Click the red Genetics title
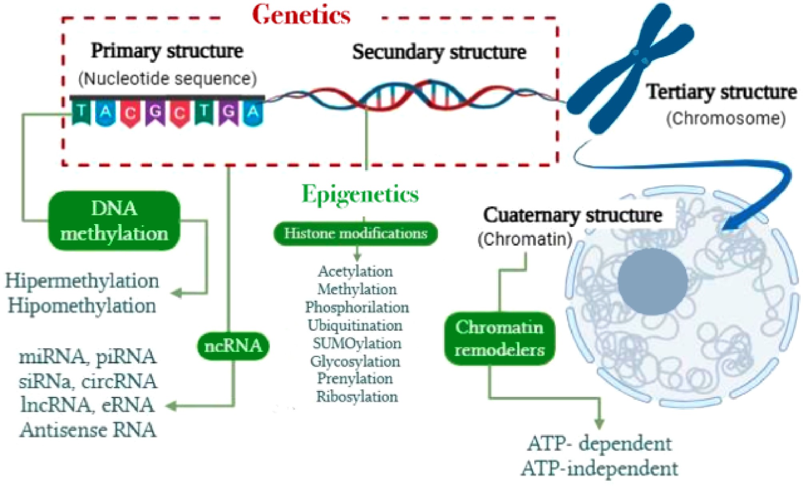click(301, 15)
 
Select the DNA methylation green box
click(114, 221)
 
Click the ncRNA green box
click(233, 346)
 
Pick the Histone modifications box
click(356, 233)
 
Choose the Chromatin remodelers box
click(499, 339)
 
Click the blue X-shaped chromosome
click(632, 68)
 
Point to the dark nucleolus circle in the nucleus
click(652, 281)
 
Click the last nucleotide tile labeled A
click(253, 113)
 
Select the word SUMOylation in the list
click(357, 343)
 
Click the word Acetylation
click(356, 272)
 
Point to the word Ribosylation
click(357, 397)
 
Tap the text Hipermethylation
click(82, 281)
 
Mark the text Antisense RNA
click(88, 430)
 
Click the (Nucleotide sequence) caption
click(168, 79)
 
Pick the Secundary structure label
click(439, 52)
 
